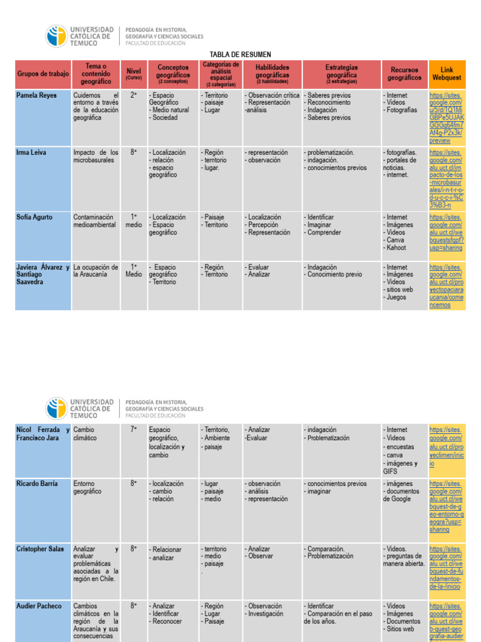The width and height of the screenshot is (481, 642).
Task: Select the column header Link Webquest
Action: pos(446,74)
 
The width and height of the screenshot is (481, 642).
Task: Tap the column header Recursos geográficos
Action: pos(404,74)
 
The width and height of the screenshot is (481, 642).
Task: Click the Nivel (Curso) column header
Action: pos(133,74)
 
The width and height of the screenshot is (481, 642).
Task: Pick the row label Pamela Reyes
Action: pos(36,95)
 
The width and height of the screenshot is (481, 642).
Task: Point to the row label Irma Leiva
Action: pos(32,152)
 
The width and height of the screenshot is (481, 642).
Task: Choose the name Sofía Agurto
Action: pos(35,218)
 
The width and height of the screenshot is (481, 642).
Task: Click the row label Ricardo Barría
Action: pos(37,484)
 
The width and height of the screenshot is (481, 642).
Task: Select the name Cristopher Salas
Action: pos(40,549)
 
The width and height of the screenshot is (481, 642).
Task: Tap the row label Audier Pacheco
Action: pos(39,606)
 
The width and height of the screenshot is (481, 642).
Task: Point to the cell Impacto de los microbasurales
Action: pos(95,156)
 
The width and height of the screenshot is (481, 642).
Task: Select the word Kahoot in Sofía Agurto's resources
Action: pos(397,248)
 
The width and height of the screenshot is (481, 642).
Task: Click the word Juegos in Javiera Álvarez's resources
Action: pos(397,297)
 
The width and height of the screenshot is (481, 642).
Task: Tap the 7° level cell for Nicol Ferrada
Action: pos(133,430)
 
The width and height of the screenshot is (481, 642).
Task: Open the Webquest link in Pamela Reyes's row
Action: pos(447,118)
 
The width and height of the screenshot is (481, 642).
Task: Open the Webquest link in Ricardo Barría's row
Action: pos(447,507)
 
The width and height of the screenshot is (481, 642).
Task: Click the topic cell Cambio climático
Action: pos(86,434)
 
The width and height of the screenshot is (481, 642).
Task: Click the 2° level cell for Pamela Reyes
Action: pos(133,95)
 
